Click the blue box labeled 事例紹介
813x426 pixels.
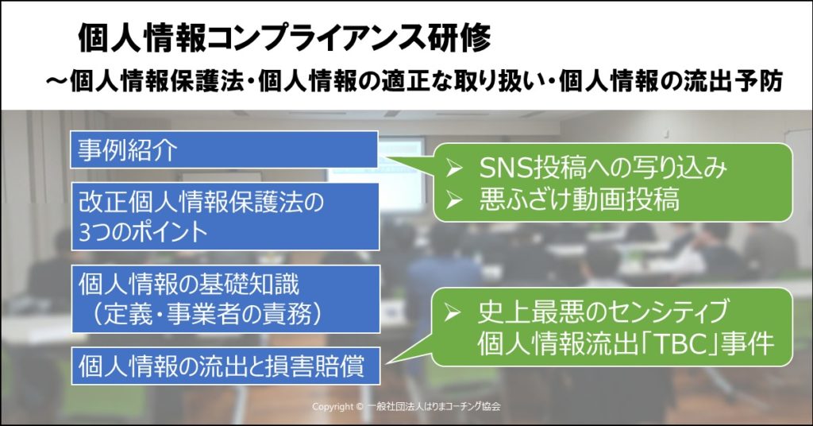224,149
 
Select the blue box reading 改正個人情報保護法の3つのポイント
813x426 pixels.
225,216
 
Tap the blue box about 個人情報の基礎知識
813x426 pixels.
225,299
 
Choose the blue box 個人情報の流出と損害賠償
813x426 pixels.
225,366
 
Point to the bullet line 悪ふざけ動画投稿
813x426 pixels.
579,199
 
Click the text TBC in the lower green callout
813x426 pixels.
676,343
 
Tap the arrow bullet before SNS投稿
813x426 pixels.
453,168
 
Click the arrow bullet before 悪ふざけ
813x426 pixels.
453,200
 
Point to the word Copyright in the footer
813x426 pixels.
333,407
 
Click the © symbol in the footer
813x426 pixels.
360,407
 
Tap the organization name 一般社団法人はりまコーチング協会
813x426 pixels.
433,407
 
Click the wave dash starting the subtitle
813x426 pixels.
56,81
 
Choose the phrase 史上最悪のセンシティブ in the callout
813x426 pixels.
603,312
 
